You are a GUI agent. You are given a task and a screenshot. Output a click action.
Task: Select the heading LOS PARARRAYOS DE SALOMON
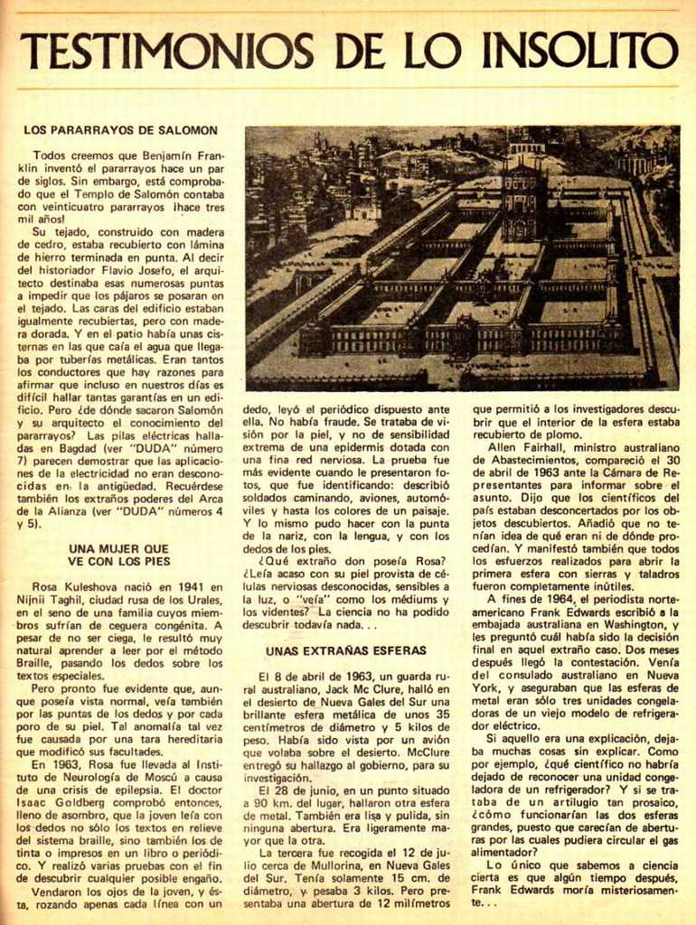(x=120, y=131)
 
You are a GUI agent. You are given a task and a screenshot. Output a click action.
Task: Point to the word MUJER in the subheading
(x=118, y=547)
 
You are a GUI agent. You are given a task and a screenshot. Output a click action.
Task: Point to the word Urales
(x=200, y=600)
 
